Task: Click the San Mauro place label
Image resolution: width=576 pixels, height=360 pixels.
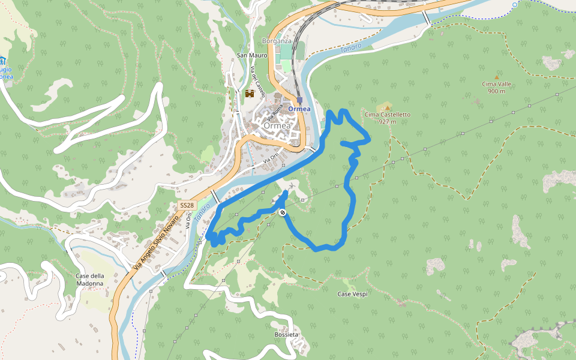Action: click(x=252, y=55)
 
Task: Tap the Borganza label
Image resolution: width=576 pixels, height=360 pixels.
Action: click(x=277, y=41)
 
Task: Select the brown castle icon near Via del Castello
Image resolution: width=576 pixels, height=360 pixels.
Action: click(x=250, y=94)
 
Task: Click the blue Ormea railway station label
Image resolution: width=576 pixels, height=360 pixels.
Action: click(x=299, y=109)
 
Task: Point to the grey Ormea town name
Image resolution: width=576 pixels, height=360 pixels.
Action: click(x=277, y=127)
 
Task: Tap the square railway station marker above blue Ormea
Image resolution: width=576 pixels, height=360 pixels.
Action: click(x=299, y=100)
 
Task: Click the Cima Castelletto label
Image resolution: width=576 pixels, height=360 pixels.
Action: click(x=388, y=114)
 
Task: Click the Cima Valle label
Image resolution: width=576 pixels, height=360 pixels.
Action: click(x=496, y=84)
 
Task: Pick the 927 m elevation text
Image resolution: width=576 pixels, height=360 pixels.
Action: click(x=388, y=121)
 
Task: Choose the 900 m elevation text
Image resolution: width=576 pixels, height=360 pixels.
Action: click(x=496, y=91)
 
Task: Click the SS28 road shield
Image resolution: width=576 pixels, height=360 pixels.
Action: click(x=187, y=205)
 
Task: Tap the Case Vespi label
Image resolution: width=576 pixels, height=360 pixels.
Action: click(x=352, y=294)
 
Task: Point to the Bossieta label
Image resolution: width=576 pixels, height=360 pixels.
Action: click(x=286, y=334)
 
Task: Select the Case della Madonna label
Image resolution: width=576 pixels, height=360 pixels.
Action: click(x=90, y=279)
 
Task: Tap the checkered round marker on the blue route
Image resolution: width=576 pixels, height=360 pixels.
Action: click(x=283, y=212)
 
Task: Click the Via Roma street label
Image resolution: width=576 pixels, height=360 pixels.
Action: click(x=277, y=113)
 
